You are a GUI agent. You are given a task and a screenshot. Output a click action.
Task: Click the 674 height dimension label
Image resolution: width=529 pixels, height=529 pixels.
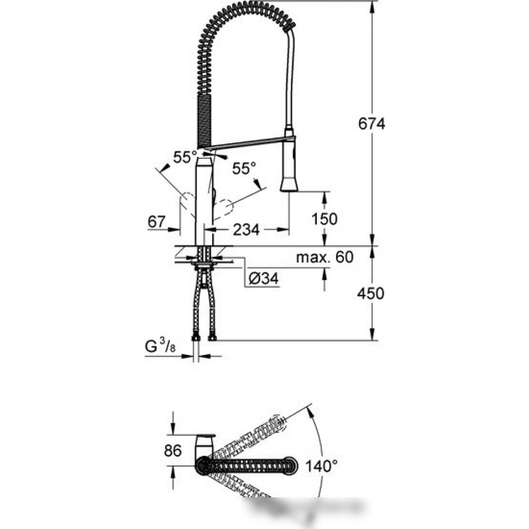371,124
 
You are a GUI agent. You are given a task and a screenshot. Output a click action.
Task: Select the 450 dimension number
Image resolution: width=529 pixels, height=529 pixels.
370,293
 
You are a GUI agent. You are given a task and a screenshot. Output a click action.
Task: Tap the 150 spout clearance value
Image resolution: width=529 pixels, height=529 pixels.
324,219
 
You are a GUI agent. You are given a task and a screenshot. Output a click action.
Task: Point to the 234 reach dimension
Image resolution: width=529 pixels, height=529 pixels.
247,230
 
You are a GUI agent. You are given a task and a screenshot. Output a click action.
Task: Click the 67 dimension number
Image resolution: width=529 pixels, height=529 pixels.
157,222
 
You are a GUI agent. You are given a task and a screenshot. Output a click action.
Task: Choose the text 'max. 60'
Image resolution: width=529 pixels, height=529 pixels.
325,258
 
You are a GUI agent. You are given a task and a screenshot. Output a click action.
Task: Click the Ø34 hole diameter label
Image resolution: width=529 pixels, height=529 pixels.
263,279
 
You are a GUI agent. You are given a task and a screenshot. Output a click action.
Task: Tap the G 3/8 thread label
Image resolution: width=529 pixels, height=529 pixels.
160,346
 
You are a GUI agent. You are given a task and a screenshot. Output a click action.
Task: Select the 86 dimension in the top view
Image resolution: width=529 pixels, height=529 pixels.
173,450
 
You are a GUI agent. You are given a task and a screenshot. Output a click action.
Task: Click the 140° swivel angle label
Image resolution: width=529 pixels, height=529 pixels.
321,466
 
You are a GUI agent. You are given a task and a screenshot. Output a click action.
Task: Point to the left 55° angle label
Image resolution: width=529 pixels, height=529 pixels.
185,157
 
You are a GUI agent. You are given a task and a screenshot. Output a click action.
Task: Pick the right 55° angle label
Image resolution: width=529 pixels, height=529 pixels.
244,168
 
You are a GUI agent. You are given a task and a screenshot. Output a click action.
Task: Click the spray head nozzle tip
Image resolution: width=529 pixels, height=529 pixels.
289,189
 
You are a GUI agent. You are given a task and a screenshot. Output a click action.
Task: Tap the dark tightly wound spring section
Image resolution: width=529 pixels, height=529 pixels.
204,121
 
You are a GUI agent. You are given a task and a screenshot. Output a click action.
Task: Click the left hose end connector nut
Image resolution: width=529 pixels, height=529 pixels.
195,338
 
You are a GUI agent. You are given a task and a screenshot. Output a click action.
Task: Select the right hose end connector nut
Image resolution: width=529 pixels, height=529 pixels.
213,338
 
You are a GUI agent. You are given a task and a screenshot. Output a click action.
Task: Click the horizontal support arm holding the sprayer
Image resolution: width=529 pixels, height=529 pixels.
251,142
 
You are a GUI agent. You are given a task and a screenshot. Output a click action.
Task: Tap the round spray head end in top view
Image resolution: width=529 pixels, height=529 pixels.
290,466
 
